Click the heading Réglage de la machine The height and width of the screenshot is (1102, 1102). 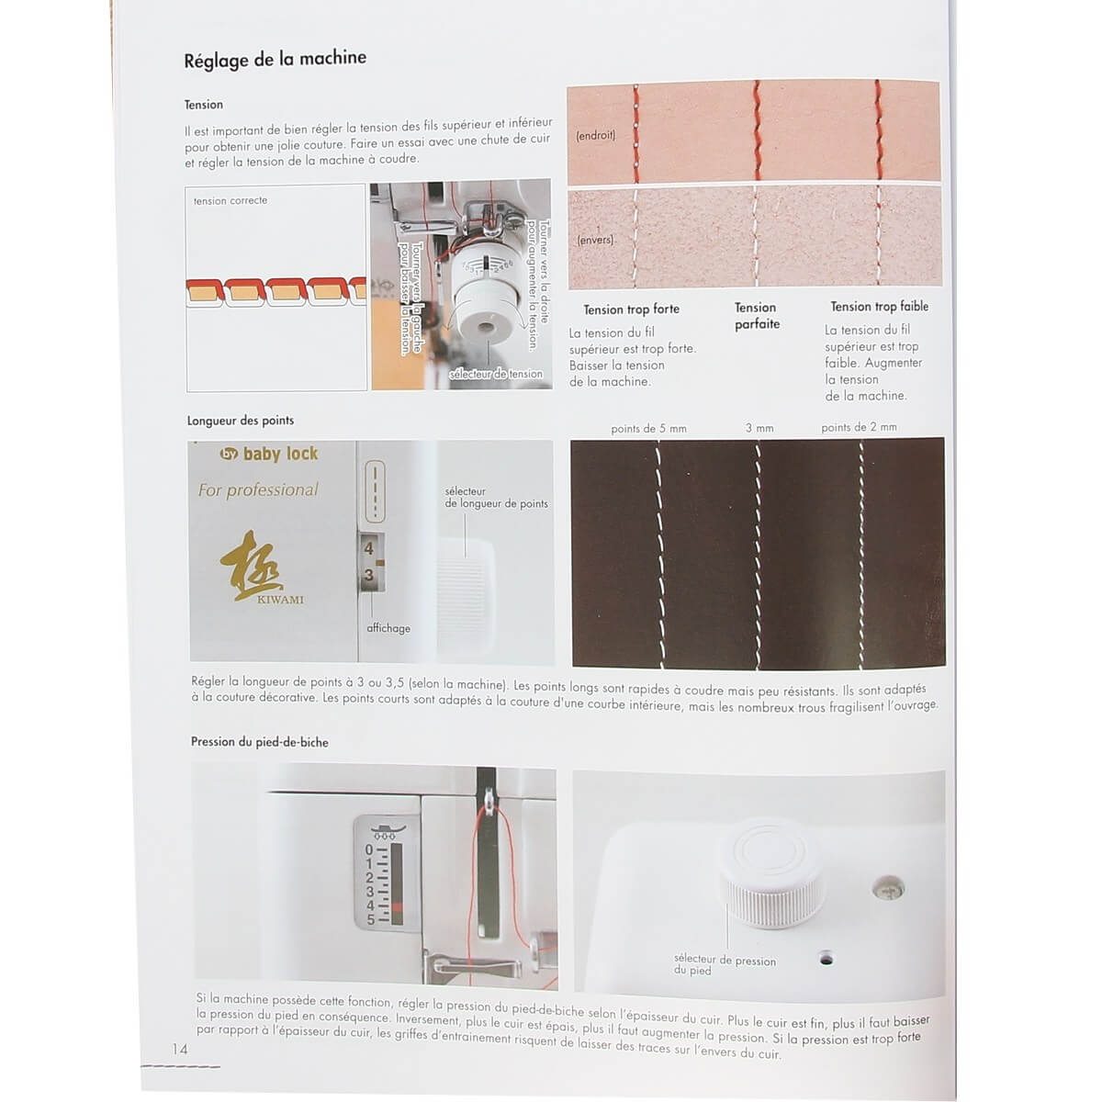click(275, 59)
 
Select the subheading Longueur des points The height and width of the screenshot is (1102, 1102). click(241, 421)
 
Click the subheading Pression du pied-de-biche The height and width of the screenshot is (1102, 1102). click(260, 742)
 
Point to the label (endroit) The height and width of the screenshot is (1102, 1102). click(595, 136)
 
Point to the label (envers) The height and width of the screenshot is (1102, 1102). click(595, 240)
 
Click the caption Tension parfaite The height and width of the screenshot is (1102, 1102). click(757, 316)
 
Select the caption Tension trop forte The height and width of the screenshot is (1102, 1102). click(631, 309)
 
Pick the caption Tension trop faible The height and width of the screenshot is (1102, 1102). click(879, 307)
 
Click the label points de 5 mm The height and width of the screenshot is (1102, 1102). click(648, 428)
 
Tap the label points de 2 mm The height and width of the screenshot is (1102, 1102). click(859, 427)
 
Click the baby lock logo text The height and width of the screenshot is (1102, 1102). click(269, 454)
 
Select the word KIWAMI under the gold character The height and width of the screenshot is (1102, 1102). click(280, 600)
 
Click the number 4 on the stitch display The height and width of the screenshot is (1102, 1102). click(369, 548)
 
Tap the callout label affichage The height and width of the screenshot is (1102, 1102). click(388, 628)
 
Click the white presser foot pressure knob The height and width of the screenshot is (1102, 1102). click(772, 872)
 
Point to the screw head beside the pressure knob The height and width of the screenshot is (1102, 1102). click(888, 889)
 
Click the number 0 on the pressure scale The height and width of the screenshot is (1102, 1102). click(369, 850)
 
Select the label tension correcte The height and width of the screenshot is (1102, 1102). click(231, 201)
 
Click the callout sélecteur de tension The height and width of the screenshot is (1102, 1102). click(496, 374)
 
